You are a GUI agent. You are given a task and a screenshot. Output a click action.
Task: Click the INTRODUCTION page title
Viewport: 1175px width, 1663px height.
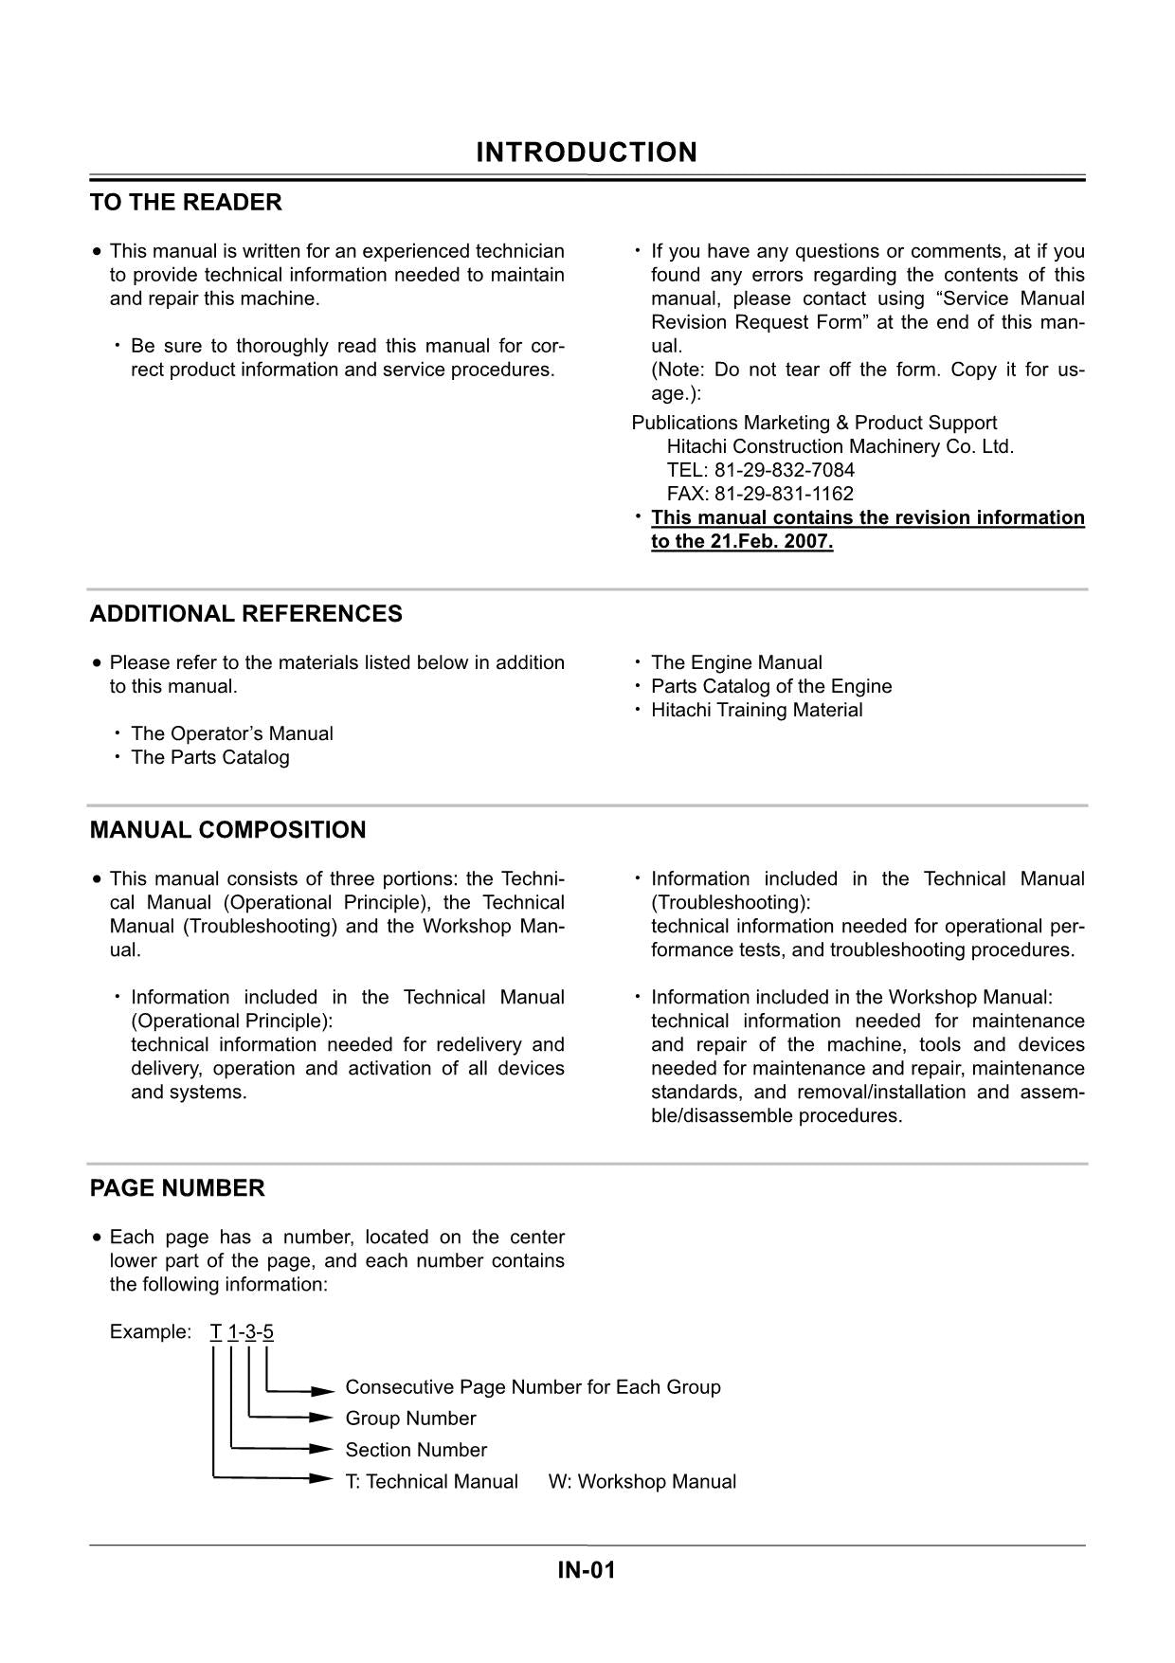point(586,153)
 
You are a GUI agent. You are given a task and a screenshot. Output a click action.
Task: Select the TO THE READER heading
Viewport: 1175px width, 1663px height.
point(186,203)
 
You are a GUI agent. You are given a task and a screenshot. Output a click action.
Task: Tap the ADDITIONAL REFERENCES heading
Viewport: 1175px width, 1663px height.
point(245,614)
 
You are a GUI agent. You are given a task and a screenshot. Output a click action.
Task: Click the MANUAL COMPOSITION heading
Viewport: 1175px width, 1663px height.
point(227,830)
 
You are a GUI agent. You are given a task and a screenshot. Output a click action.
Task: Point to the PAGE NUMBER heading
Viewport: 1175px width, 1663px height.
point(177,1188)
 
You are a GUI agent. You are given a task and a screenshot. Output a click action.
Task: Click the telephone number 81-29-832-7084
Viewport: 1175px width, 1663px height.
point(784,470)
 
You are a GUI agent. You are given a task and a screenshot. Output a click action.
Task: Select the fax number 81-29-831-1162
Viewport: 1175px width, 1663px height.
point(784,494)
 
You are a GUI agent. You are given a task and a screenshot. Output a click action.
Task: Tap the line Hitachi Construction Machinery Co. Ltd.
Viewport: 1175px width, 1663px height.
point(840,446)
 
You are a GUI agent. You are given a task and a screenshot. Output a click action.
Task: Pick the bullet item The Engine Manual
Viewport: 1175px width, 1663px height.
point(736,662)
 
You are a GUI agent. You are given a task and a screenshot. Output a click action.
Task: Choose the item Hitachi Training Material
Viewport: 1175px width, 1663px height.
point(756,710)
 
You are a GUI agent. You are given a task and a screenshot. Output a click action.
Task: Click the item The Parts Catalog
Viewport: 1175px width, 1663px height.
point(210,757)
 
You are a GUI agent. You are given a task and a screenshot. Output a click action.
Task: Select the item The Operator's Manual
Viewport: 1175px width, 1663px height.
point(232,733)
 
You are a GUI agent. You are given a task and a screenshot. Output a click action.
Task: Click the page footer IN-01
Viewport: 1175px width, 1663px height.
point(587,1570)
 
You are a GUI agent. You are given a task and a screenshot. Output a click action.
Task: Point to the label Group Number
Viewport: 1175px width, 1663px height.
point(410,1419)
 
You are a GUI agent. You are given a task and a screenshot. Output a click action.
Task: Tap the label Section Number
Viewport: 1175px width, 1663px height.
point(416,1450)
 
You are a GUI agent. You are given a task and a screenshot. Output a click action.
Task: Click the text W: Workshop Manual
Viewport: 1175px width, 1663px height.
point(642,1481)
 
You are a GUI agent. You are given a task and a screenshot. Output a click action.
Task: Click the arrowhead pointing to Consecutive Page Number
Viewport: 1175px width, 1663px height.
point(324,1391)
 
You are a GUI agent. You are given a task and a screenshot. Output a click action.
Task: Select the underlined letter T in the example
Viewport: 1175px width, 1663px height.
point(215,1331)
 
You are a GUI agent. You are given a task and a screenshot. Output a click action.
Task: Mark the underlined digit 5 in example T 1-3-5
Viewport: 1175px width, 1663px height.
point(268,1331)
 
